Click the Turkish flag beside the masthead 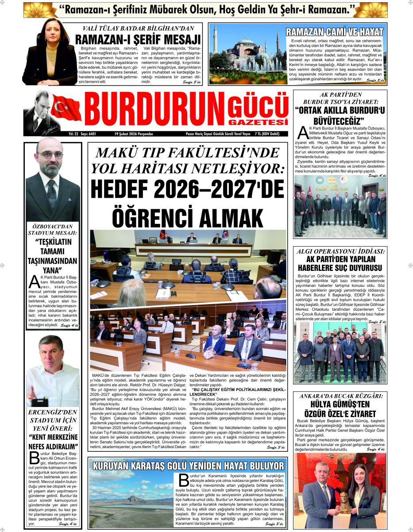66,108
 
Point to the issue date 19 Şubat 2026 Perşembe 133,133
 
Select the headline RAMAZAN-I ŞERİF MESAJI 138,39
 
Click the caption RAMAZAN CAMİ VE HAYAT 335,32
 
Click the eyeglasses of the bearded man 50,155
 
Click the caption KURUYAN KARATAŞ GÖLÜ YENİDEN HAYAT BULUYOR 188,465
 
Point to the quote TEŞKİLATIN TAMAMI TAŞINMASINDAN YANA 52,256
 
